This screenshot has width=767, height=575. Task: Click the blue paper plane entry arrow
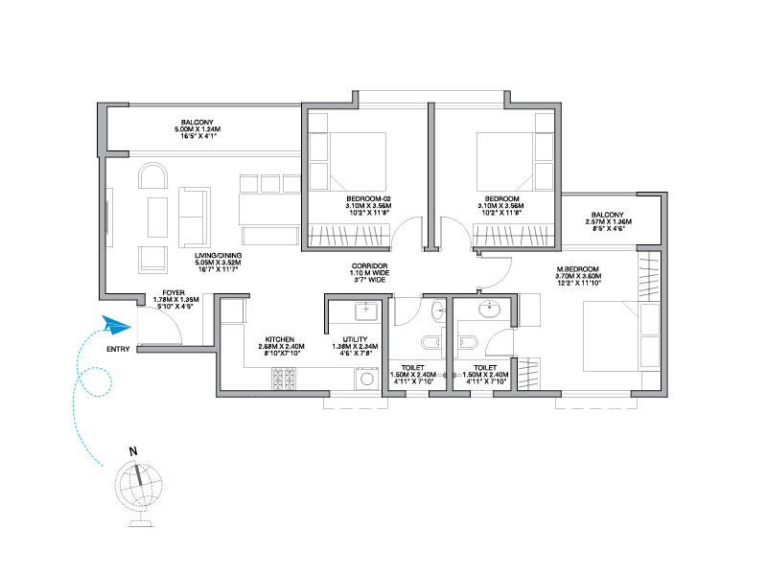(116, 325)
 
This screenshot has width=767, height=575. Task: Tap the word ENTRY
(118, 349)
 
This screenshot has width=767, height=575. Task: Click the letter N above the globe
(133, 451)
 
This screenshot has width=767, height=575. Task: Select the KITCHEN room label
(280, 339)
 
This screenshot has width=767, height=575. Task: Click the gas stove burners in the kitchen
(284, 379)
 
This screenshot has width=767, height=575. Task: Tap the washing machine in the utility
(367, 379)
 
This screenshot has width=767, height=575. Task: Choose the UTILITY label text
(355, 339)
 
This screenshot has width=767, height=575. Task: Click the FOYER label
(174, 293)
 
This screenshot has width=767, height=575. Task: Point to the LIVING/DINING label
(219, 256)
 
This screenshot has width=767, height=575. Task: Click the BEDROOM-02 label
(369, 199)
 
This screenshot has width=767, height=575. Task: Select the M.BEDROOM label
(578, 269)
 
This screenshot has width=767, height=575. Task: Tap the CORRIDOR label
(370, 266)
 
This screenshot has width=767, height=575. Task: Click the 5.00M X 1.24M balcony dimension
(198, 129)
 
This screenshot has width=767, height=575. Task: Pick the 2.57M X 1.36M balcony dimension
(609, 221)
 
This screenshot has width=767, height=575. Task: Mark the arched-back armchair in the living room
(152, 176)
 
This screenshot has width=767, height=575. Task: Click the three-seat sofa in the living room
(195, 217)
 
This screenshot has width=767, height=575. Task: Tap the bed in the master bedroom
(620, 336)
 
